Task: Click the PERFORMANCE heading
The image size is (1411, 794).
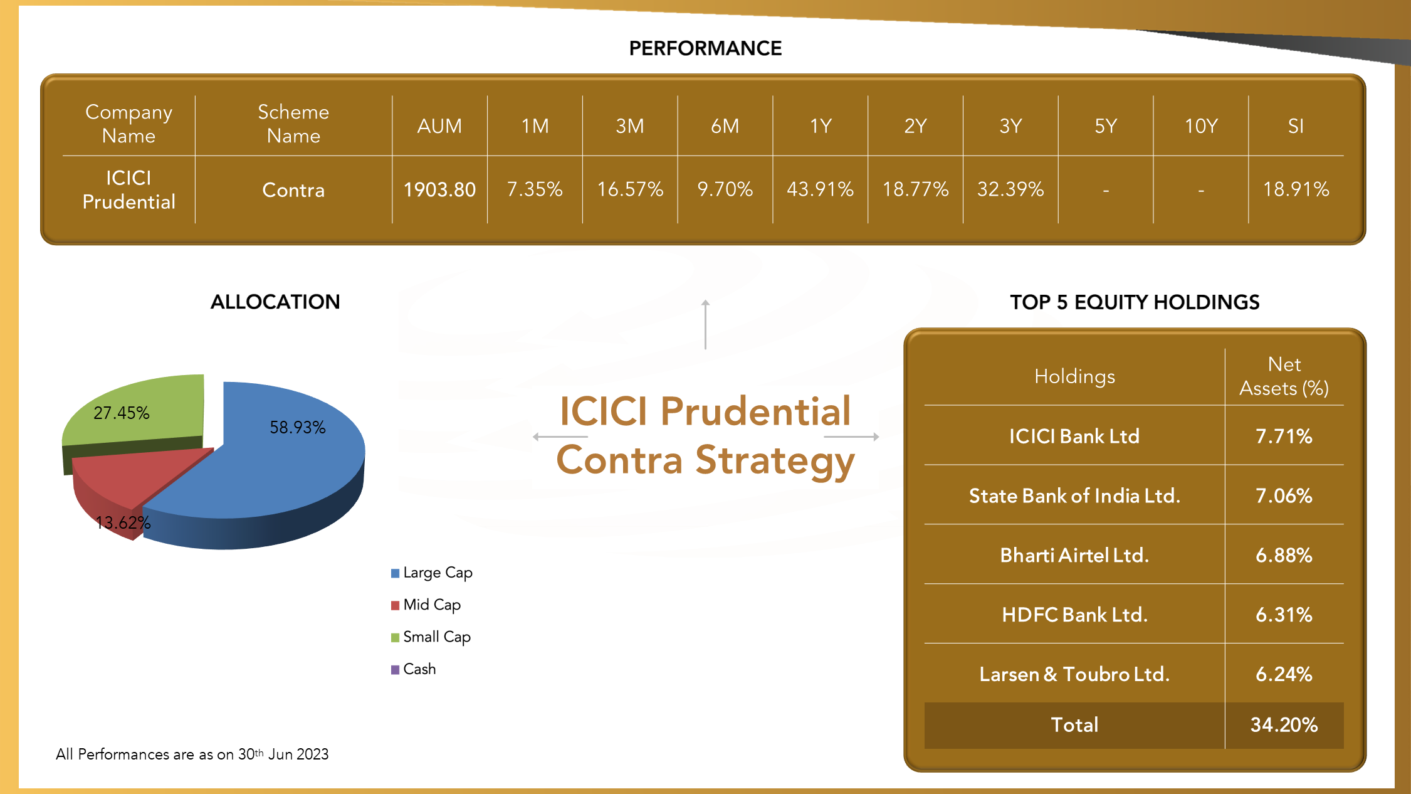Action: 705,48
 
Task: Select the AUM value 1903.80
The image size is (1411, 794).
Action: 439,189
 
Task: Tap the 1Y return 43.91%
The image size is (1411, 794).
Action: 820,189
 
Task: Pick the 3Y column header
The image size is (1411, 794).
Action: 1010,126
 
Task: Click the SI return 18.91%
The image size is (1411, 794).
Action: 1296,189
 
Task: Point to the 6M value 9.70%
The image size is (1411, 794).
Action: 725,189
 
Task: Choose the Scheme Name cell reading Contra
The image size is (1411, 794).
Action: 293,190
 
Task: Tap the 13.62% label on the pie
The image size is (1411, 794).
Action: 123,522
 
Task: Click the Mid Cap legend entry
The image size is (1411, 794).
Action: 426,605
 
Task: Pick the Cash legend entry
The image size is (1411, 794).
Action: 413,669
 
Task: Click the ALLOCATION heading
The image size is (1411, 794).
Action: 275,302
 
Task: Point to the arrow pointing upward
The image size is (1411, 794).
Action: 705,324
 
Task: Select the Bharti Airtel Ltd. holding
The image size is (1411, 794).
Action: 1074,555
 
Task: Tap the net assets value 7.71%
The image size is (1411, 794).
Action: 1284,436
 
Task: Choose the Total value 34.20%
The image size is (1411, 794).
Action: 1284,725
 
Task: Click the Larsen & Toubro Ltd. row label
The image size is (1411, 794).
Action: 1074,674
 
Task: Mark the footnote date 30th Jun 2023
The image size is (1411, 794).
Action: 283,754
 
